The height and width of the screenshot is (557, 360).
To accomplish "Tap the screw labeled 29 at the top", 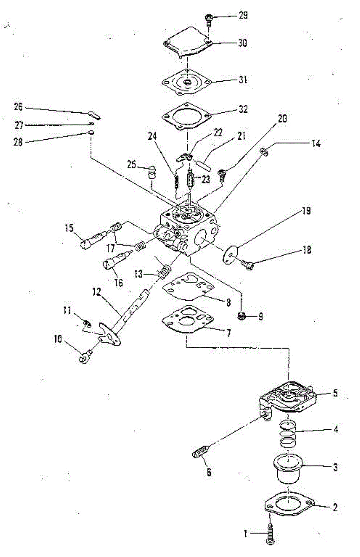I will point(209,19).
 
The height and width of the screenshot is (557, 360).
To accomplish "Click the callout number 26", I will point(18,106).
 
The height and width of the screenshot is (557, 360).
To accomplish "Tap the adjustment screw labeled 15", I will point(91,237).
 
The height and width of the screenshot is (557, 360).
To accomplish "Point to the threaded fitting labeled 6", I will point(201,451).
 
